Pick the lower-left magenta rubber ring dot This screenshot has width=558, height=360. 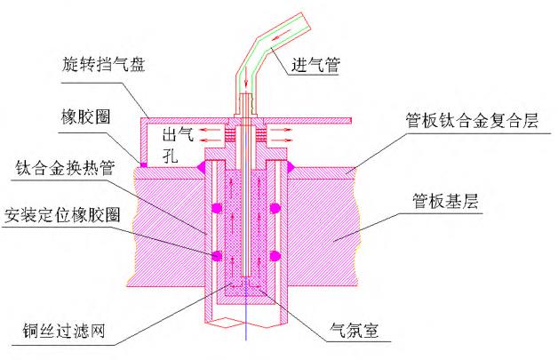(x=214, y=256)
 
